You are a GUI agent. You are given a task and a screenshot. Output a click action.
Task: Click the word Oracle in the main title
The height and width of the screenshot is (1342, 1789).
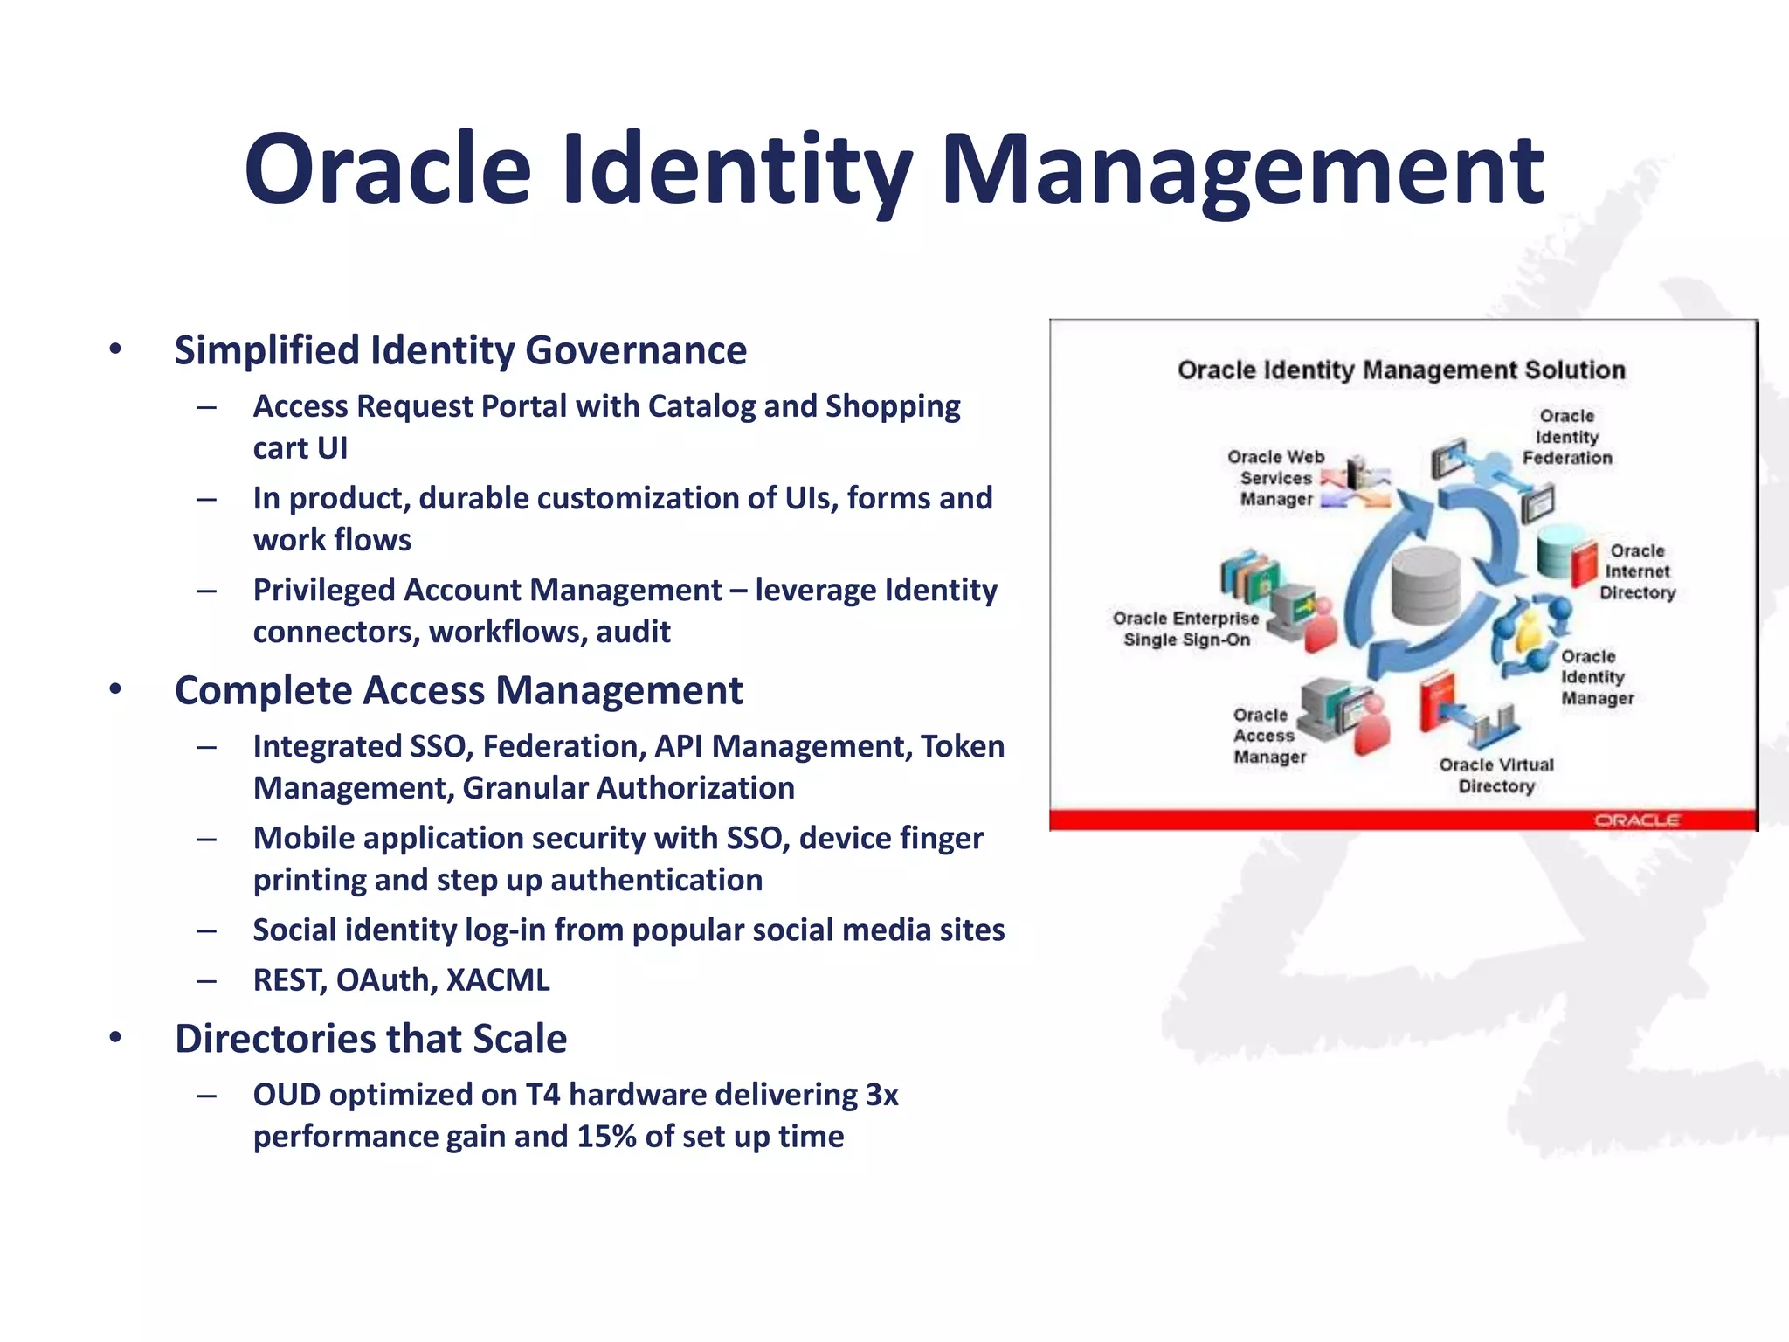coord(388,169)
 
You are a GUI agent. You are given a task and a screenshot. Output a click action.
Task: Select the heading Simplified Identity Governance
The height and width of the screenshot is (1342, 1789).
coord(460,350)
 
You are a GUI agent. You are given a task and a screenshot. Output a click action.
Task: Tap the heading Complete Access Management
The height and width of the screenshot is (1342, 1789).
coord(458,691)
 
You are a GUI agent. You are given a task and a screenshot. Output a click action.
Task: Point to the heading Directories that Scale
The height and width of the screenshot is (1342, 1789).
coord(370,1039)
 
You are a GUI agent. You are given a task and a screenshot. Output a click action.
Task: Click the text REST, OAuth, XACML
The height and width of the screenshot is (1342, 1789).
coord(401,980)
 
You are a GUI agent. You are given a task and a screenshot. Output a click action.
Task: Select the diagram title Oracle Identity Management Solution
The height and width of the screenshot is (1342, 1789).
coord(1401,370)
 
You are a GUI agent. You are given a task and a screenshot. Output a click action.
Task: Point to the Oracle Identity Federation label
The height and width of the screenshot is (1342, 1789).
coord(1567,437)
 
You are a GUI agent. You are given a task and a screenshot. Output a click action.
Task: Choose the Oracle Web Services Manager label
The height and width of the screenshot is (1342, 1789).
coord(1276,478)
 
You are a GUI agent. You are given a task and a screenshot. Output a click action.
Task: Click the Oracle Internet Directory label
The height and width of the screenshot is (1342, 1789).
coord(1637,572)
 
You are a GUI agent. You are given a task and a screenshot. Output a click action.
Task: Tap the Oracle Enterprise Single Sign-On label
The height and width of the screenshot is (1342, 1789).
coord(1185,629)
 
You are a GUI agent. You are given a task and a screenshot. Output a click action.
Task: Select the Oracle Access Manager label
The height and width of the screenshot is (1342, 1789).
coord(1268,737)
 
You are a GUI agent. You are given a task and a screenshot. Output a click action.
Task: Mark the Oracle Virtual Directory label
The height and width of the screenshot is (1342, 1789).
coord(1496,776)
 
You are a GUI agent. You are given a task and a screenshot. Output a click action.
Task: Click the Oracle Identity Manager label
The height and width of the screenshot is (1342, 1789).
coord(1596,677)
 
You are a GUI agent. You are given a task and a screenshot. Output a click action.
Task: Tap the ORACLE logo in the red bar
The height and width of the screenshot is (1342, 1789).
coord(1636,820)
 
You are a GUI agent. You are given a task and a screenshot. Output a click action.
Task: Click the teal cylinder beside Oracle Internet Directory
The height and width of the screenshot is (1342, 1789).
coord(1556,551)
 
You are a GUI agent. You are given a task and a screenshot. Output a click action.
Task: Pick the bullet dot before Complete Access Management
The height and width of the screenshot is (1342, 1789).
coord(115,689)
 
